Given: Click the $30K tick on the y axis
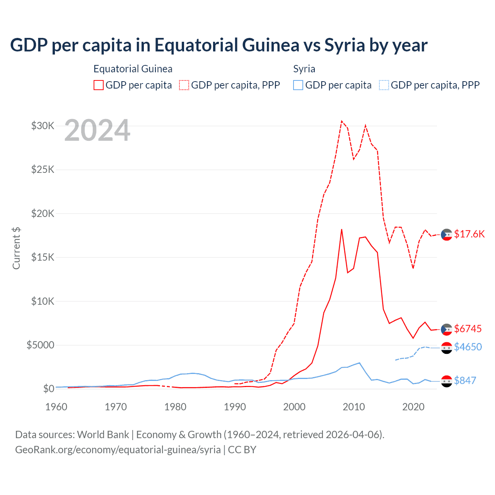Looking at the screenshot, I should pyautogui.click(x=43, y=126).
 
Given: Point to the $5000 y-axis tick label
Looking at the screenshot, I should pyautogui.click(x=40, y=345).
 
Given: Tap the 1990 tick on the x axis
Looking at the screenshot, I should pyautogui.click(x=235, y=407).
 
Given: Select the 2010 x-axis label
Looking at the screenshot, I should pyautogui.click(x=354, y=407).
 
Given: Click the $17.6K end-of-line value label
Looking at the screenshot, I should pyautogui.click(x=469, y=234).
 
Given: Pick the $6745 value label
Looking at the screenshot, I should pyautogui.click(x=468, y=329).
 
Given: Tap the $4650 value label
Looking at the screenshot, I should pyautogui.click(x=468, y=347).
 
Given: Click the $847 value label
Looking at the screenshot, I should pyautogui.click(x=465, y=381).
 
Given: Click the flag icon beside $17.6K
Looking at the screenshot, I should pyautogui.click(x=447, y=234).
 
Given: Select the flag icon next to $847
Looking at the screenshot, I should pyautogui.click(x=447, y=381).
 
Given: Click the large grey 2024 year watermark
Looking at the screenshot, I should pyautogui.click(x=97, y=131).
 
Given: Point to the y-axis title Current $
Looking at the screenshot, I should pyautogui.click(x=16, y=248).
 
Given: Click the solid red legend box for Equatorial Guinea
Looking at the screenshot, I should pyautogui.click(x=99, y=85).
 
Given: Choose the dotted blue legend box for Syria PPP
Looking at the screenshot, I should pyautogui.click(x=384, y=85).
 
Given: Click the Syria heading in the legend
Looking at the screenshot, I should pyautogui.click(x=304, y=69).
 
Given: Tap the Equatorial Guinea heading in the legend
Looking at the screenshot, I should pyautogui.click(x=133, y=69).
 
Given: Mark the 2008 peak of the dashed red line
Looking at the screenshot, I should pyautogui.click(x=341, y=121).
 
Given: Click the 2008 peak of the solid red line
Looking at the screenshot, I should pyautogui.click(x=341, y=229).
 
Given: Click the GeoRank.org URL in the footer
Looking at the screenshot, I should pyautogui.click(x=118, y=450).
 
